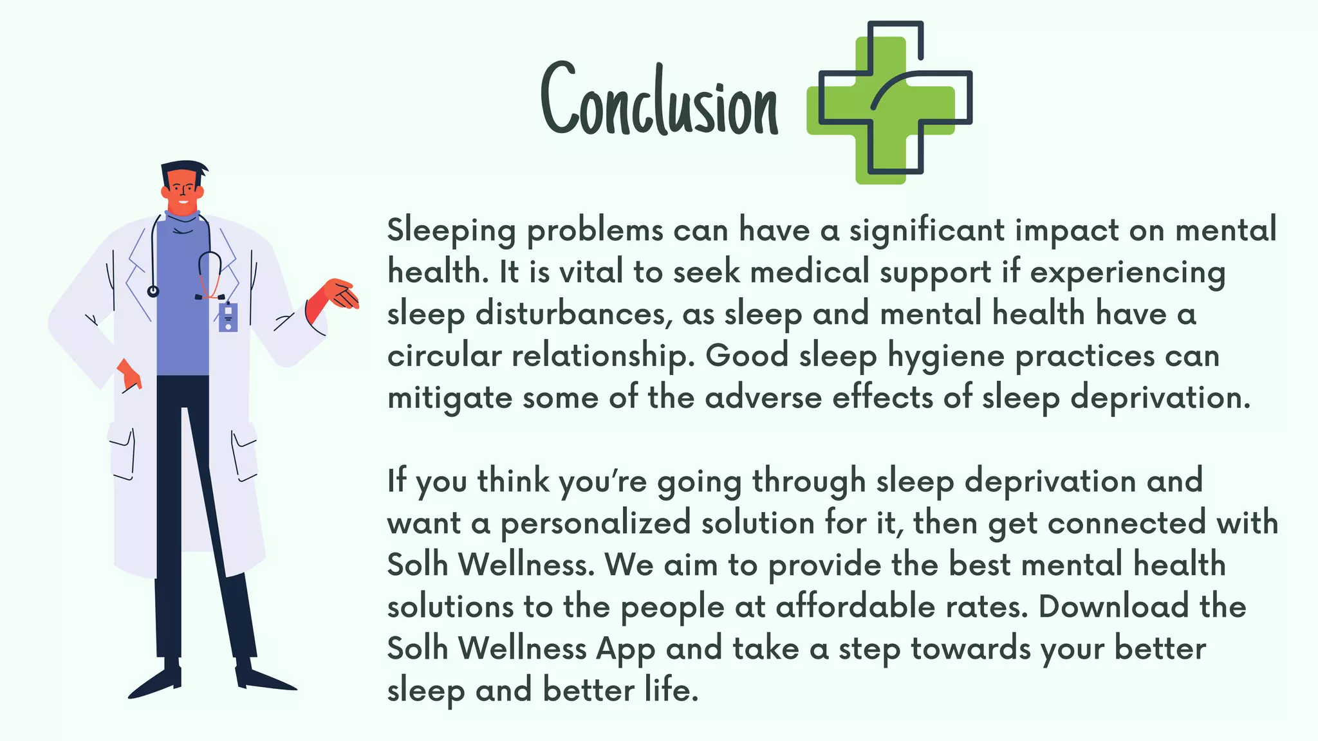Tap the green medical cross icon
(x=882, y=109)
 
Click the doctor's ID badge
(x=228, y=316)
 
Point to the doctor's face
(x=183, y=192)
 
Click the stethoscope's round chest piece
(x=153, y=291)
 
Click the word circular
(x=444, y=356)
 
